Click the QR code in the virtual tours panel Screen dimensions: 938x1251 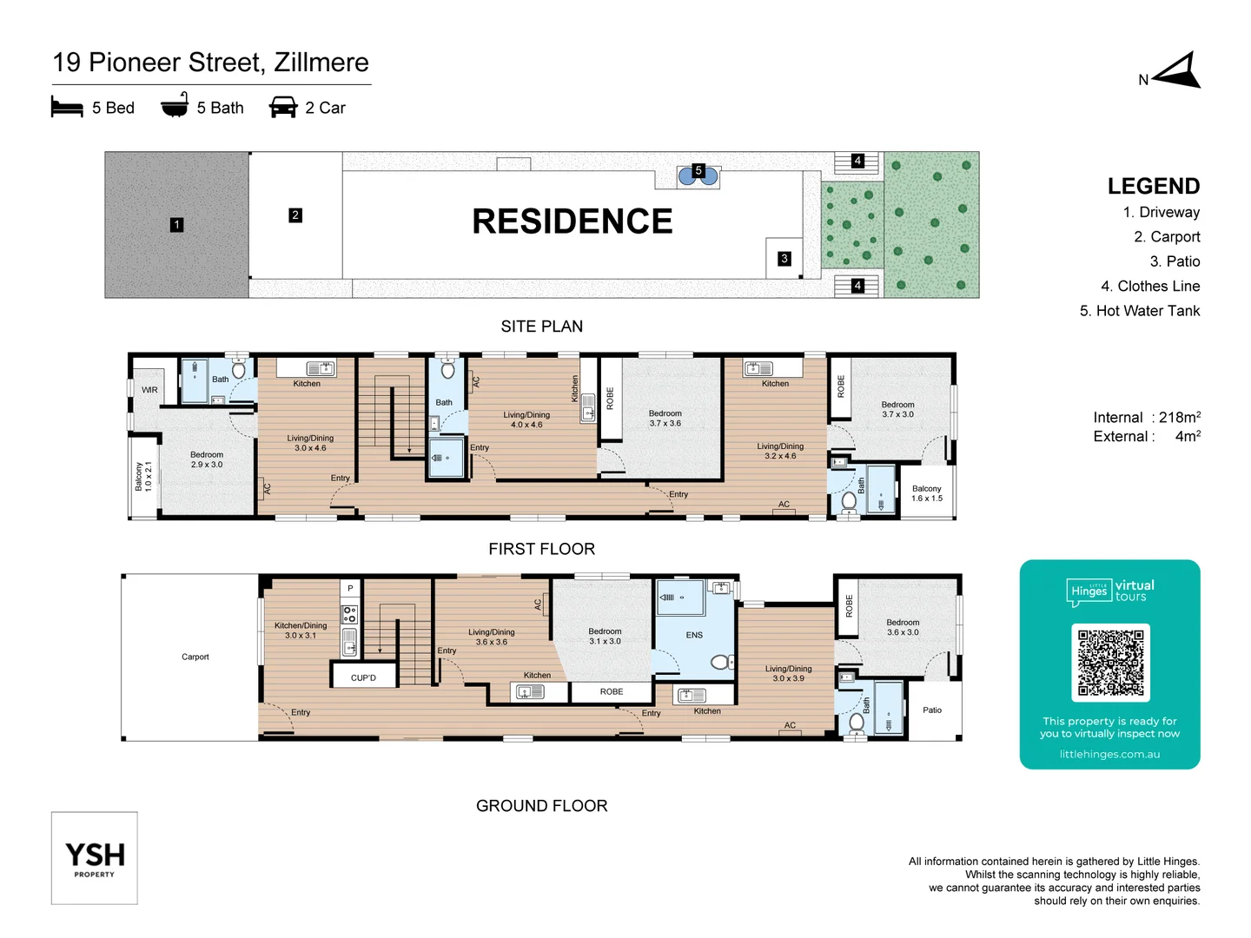click(x=1110, y=663)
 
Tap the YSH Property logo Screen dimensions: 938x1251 click(x=95, y=858)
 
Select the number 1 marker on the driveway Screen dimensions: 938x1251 click(x=176, y=225)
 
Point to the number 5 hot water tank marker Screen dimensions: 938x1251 click(x=698, y=171)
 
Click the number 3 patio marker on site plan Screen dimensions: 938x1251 click(x=784, y=259)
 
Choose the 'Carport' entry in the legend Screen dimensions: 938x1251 click(x=1166, y=237)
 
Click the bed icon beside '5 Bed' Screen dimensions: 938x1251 click(x=67, y=108)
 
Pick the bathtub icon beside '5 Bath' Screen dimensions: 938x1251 click(x=175, y=106)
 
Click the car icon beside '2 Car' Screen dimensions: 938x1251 click(x=283, y=108)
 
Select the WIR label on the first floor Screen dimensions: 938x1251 click(x=149, y=390)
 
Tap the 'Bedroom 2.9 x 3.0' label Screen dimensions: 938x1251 click(x=207, y=459)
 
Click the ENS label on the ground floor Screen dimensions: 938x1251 click(x=694, y=635)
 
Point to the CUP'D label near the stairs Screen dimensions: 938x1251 click(x=363, y=677)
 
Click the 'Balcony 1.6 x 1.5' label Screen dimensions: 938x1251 click(x=926, y=493)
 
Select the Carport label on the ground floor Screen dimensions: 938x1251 click(x=195, y=657)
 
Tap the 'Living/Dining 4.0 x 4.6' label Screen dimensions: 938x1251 click(x=526, y=419)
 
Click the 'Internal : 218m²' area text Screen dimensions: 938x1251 click(x=1146, y=418)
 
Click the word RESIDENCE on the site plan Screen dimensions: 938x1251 click(x=572, y=221)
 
